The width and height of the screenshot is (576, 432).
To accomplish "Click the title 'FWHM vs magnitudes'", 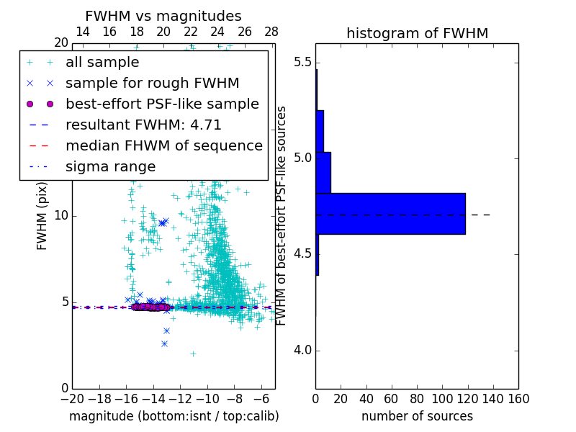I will click(x=163, y=16).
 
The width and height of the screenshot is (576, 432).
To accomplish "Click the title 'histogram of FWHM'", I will click(x=417, y=33).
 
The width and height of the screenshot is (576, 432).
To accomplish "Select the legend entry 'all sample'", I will click(x=102, y=63).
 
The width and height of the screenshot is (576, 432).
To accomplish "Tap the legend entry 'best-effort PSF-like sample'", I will click(x=162, y=104).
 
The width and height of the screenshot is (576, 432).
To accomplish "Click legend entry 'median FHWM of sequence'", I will click(x=163, y=145).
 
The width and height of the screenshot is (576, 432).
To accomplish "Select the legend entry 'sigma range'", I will click(x=110, y=166).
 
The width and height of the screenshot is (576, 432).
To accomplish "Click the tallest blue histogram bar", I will click(x=390, y=214).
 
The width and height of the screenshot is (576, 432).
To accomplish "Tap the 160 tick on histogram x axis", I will click(x=518, y=399).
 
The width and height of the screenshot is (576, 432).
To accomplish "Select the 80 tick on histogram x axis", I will click(x=417, y=399).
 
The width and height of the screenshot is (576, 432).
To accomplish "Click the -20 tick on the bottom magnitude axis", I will click(x=72, y=399).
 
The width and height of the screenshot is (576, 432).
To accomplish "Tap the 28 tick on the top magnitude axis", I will click(x=271, y=32).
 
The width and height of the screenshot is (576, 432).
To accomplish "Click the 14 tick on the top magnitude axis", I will click(x=83, y=32).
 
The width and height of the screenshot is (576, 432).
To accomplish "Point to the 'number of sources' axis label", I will click(x=417, y=416).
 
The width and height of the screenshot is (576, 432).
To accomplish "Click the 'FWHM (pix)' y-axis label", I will click(x=42, y=216).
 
